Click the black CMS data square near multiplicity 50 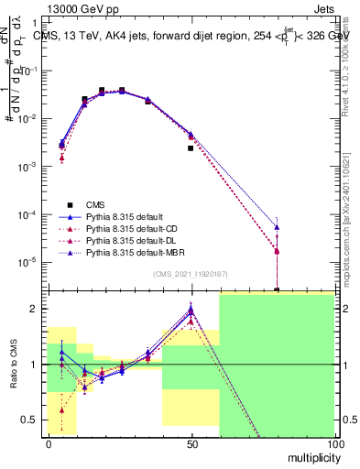pos(191,147)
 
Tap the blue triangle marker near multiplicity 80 pos(277,227)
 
